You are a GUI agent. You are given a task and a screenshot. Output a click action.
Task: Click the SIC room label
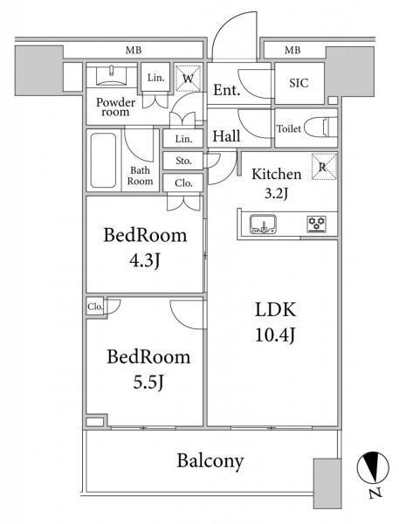[x=299, y=83]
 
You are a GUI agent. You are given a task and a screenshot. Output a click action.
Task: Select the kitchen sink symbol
[x=264, y=224]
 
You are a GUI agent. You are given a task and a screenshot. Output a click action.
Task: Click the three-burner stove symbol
[x=317, y=224]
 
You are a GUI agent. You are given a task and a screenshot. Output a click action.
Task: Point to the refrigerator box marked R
[x=324, y=167]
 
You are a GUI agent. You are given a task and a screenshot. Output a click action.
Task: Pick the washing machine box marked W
[x=189, y=79]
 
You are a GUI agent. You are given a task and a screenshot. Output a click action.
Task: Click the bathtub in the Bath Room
[x=103, y=161]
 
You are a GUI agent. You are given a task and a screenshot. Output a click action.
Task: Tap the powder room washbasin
[x=112, y=75]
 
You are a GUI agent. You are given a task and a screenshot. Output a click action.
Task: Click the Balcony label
[x=210, y=461]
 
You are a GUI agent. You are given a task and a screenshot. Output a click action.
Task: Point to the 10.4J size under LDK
[x=275, y=334]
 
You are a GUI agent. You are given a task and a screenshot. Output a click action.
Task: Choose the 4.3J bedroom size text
[x=145, y=260]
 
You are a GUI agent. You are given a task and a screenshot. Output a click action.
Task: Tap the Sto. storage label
[x=183, y=161]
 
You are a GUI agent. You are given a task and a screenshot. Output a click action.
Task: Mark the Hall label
[x=227, y=136]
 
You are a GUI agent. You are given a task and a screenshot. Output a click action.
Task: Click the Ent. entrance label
[x=227, y=90]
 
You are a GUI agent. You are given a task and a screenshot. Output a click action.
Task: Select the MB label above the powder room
[x=134, y=51]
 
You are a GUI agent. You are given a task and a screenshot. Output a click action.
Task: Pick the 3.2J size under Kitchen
[x=276, y=194]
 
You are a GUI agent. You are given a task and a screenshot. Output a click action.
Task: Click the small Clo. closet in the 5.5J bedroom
[x=95, y=307]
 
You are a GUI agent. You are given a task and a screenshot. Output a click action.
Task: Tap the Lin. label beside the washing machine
[x=155, y=78]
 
